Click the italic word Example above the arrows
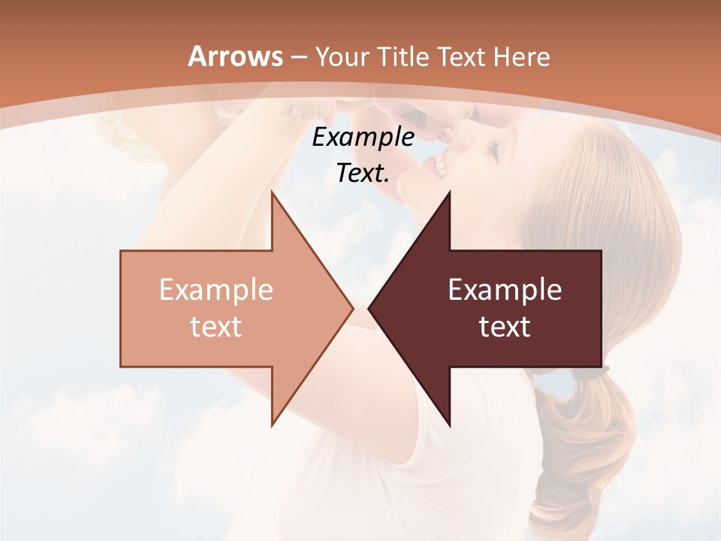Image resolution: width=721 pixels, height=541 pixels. pos(363,138)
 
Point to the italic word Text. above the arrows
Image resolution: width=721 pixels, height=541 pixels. pos(363,174)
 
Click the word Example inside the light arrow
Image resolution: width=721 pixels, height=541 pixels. pos(216,290)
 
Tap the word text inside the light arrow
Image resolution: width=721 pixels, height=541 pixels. pos(216,327)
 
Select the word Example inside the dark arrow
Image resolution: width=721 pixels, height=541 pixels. pos(505,290)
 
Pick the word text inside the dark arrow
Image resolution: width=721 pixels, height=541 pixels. pos(505,327)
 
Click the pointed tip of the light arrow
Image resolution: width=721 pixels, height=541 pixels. pos(351,308)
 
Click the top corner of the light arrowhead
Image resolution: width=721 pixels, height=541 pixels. pos(272,192)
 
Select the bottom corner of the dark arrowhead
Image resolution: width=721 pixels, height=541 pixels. pos(449,425)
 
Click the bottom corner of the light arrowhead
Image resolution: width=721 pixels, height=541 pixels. pos(272,425)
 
